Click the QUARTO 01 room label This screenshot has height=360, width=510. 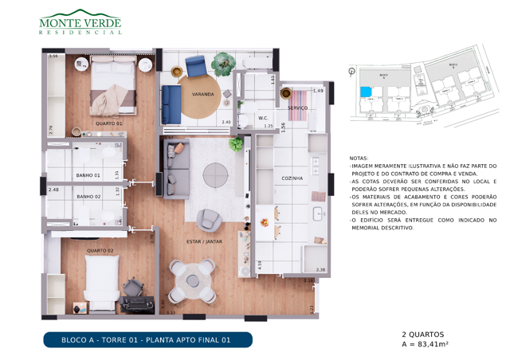point(109,123)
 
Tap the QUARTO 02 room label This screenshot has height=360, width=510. point(100,251)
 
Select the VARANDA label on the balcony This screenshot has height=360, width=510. point(202,94)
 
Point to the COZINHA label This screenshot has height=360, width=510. point(291,178)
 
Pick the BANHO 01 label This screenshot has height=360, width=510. point(88,174)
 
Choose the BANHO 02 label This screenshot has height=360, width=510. point(88,196)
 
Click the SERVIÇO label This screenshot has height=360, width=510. point(298,108)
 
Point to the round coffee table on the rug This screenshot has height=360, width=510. point(214,174)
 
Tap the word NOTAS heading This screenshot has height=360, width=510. point(359,158)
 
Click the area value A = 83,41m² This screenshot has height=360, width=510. point(426,344)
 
